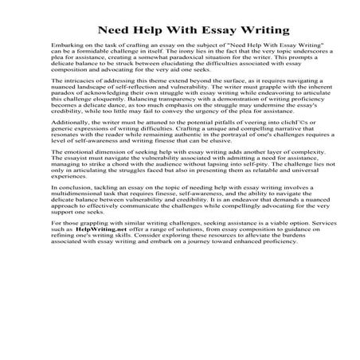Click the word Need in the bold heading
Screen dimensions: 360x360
pyautogui.click(x=113, y=27)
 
